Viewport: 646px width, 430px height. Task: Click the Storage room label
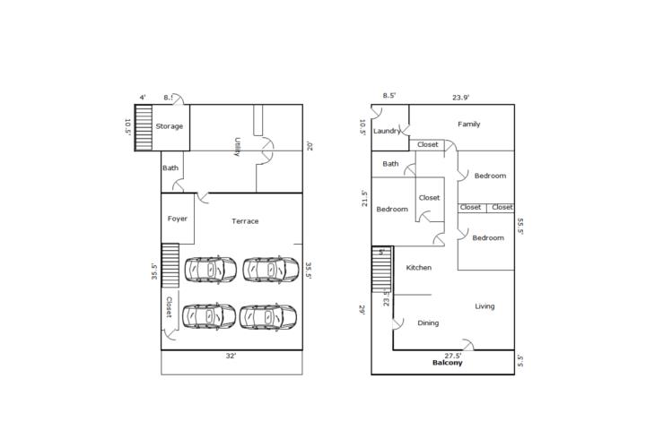pyautogui.click(x=169, y=126)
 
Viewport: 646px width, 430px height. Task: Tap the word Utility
pyautogui.click(x=237, y=147)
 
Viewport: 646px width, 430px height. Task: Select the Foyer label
pyautogui.click(x=178, y=219)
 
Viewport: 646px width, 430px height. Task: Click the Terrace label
pyautogui.click(x=245, y=221)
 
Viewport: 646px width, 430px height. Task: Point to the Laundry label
pyautogui.click(x=387, y=131)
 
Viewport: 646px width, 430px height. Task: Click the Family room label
pyautogui.click(x=469, y=124)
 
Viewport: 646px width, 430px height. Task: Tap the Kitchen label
pyautogui.click(x=419, y=268)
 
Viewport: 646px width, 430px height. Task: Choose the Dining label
pyautogui.click(x=428, y=323)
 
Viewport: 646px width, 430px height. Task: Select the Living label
pyautogui.click(x=484, y=306)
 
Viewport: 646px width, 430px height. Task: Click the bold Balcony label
pyautogui.click(x=448, y=363)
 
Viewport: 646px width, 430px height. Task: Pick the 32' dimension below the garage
pyautogui.click(x=231, y=356)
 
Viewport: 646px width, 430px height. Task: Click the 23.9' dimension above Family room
pyautogui.click(x=460, y=98)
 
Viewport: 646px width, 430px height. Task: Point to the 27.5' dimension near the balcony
pyautogui.click(x=453, y=356)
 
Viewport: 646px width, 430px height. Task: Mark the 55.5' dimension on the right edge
pyautogui.click(x=520, y=226)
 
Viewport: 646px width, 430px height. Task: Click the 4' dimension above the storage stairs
pyautogui.click(x=142, y=98)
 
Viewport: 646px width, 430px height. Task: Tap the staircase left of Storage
pyautogui.click(x=144, y=127)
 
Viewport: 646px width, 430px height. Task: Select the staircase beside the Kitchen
pyautogui.click(x=381, y=270)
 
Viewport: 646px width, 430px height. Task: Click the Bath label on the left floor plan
pyautogui.click(x=170, y=168)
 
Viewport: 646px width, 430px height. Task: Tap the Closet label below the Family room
pyautogui.click(x=428, y=144)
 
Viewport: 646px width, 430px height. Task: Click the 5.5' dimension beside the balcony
pyautogui.click(x=520, y=361)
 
